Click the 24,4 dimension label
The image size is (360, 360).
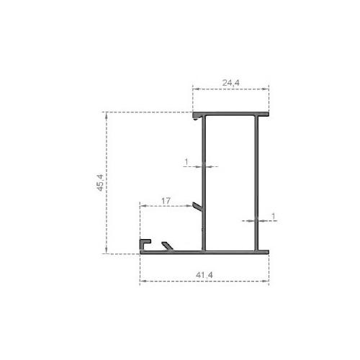230,83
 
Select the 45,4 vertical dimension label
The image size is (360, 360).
100,183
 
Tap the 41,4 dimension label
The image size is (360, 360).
204,275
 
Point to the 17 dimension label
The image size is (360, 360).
166,200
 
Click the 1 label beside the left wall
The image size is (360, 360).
186,162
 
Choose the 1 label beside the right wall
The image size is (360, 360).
273,216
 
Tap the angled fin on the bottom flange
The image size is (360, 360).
168,246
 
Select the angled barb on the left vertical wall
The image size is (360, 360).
198,207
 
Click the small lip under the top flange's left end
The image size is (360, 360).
197,118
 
